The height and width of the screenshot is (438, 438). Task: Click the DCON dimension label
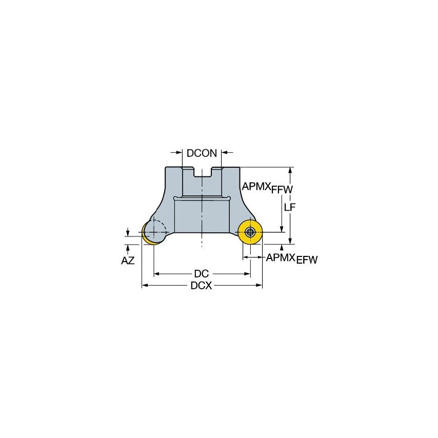point(202,153)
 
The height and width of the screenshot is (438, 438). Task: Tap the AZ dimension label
point(128,261)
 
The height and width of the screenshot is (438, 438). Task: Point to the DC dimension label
point(201,274)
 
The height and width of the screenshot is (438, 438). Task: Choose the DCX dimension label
point(201,286)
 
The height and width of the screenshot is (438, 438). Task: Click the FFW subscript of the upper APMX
point(282,190)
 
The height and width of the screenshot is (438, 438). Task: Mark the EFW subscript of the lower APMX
point(306,260)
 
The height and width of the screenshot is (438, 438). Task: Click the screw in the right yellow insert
point(250,232)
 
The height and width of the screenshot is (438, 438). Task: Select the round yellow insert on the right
point(250,232)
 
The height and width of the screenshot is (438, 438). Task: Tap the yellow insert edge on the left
point(147,237)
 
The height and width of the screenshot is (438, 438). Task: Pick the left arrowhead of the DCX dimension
point(145,286)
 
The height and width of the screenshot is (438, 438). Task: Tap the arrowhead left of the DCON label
point(179,152)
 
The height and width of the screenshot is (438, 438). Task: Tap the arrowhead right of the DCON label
point(225,152)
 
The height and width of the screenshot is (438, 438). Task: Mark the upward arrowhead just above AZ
point(128,247)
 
